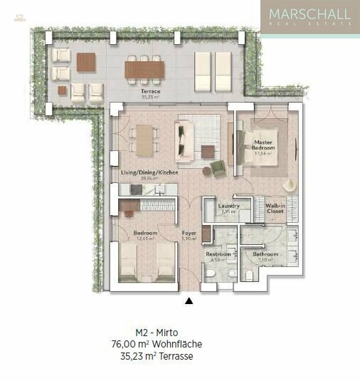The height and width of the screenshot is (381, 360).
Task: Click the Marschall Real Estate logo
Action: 309,17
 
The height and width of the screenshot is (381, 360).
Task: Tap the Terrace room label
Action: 149,93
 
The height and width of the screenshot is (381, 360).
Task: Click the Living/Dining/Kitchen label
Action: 149,173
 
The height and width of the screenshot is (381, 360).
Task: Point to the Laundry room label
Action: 229,207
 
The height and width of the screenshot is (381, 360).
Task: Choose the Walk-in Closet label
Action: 275,209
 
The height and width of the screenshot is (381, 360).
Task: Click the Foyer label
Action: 189,233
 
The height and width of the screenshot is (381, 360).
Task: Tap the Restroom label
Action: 218,254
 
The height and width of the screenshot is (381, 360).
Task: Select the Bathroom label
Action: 265,254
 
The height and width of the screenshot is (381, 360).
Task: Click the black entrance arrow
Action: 189,301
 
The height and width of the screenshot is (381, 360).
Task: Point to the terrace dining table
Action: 144,69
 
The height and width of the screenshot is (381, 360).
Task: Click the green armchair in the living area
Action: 218,168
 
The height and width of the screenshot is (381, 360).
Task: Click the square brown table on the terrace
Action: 85,62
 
